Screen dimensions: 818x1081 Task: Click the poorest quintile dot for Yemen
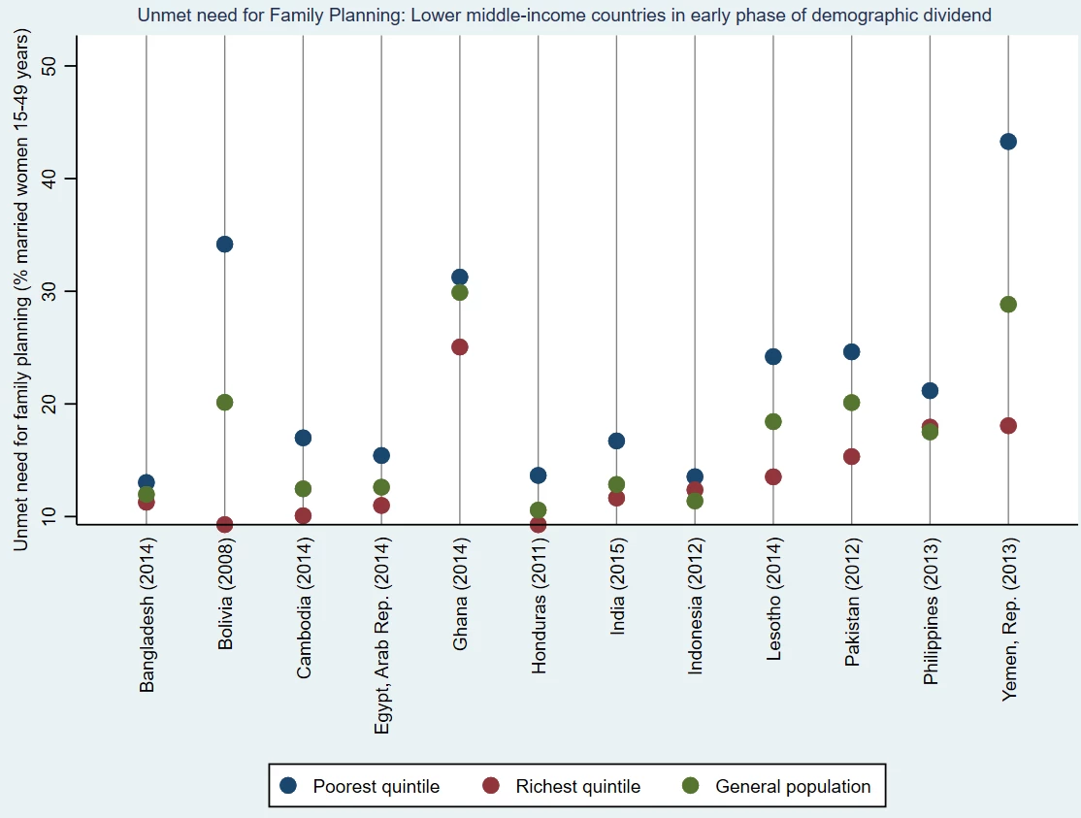(1008, 142)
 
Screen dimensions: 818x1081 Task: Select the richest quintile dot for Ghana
(460, 347)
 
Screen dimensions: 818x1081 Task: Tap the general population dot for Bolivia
(224, 403)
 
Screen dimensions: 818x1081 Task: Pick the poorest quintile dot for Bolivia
(224, 245)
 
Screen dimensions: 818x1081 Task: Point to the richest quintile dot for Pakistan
(851, 457)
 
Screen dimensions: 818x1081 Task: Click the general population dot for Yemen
(1008, 305)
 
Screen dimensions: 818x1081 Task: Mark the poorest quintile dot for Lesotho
(773, 357)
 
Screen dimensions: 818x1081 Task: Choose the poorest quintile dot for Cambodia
(303, 438)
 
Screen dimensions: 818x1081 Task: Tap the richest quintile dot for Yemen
(1008, 426)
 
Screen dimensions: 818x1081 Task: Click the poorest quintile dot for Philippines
(930, 391)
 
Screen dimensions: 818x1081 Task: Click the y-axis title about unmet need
(21, 290)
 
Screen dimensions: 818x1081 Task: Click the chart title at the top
(564, 16)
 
